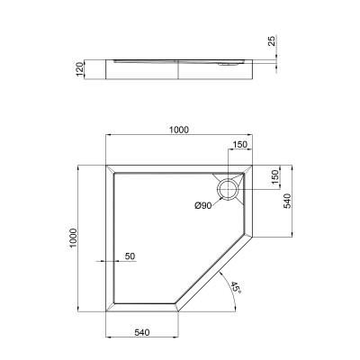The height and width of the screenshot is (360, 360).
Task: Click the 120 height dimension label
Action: click(80, 70)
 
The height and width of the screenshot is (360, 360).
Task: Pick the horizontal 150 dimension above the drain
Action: click(239, 144)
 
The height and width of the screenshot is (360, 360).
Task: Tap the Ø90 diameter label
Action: click(204, 207)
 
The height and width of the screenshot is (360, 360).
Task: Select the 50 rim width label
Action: click(130, 257)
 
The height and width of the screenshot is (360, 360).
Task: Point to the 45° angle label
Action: click(235, 288)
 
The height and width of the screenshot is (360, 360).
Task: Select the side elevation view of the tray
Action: click(180, 65)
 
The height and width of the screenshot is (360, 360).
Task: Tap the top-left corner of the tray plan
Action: click(106, 165)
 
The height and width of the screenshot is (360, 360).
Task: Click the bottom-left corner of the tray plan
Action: click(106, 310)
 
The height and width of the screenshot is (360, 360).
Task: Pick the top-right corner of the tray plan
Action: click(255, 165)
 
